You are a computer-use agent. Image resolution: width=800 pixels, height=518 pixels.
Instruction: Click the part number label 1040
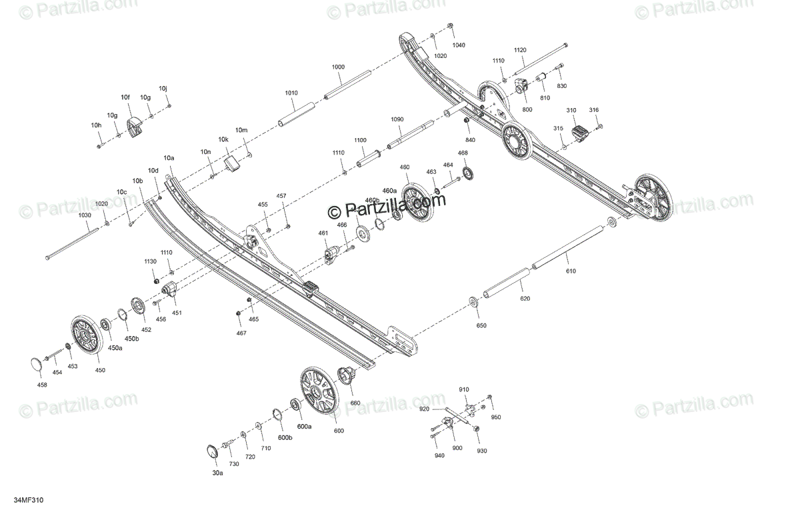[x=459, y=45]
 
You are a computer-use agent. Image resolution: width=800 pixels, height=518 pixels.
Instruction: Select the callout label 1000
[x=338, y=67]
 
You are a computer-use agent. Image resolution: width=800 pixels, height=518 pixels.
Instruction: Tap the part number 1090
[x=397, y=119]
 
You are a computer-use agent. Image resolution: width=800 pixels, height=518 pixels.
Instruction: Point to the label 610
[x=571, y=271]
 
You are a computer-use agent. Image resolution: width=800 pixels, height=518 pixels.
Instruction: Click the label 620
[x=525, y=298]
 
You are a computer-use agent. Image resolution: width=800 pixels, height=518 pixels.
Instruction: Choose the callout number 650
[x=481, y=325]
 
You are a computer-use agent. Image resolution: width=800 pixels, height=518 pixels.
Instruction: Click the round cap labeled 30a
[x=211, y=451]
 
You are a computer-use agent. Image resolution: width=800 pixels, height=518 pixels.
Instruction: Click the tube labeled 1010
[x=295, y=113]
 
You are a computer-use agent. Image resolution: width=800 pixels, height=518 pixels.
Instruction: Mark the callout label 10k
[x=223, y=140]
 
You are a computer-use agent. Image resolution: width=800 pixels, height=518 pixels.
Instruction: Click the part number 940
[x=439, y=455]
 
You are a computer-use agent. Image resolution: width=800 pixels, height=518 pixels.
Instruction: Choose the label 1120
[x=520, y=51]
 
